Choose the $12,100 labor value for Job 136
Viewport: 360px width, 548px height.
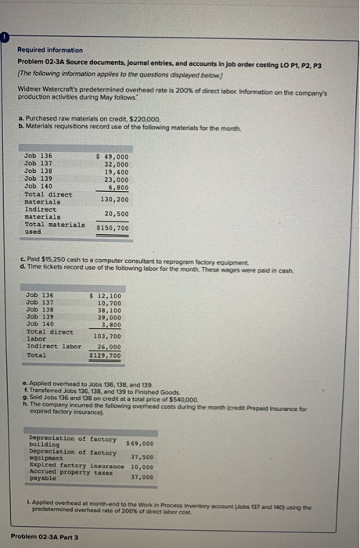pos(106,294)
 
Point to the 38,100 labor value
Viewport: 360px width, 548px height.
pos(106,309)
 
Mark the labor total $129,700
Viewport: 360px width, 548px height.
pos(106,355)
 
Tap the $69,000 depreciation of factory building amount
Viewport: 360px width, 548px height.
pos(139,443)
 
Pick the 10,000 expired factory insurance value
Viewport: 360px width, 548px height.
pos(142,466)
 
